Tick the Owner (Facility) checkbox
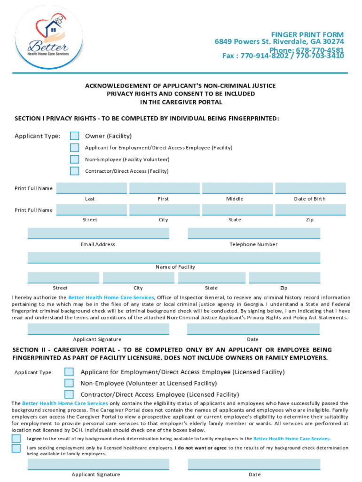(x=74, y=136)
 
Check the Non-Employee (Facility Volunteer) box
(x=74, y=160)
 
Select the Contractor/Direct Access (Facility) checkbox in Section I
(x=74, y=171)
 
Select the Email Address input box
(x=98, y=233)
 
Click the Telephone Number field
(x=254, y=233)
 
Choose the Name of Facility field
(x=174, y=257)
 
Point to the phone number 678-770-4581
(x=320, y=50)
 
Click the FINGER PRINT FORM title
(x=307, y=35)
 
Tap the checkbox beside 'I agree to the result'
(x=16, y=438)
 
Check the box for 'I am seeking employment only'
(x=16, y=448)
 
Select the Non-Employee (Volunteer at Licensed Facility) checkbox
(x=69, y=383)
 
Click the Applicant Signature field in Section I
(x=98, y=329)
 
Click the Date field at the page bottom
(x=254, y=464)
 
